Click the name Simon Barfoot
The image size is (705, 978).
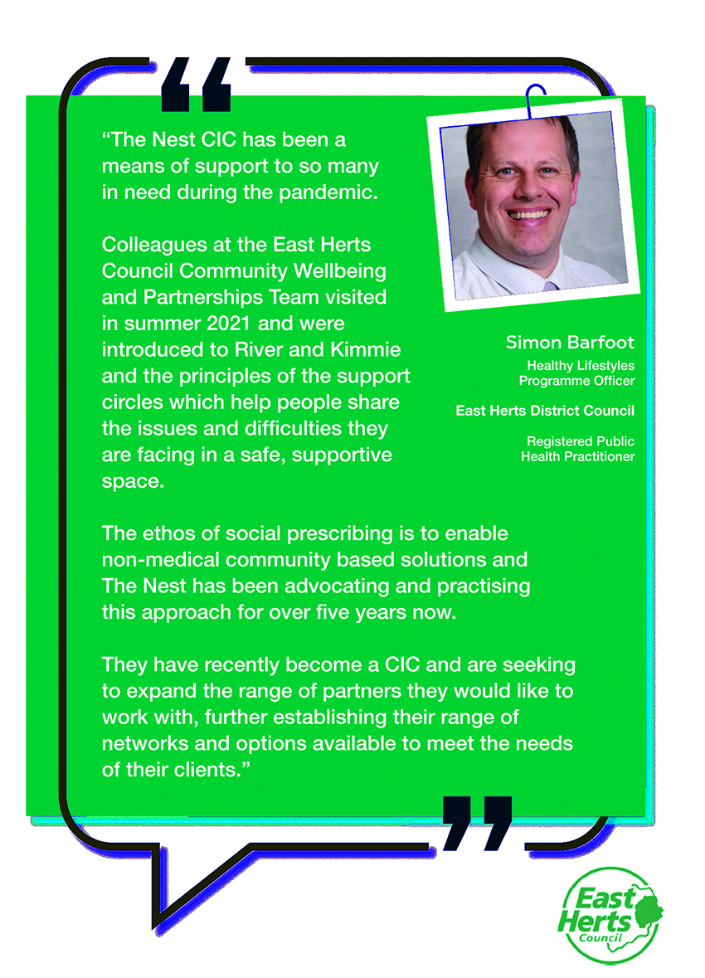(569, 343)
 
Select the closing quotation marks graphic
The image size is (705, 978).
(477, 823)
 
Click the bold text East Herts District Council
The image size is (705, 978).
(545, 411)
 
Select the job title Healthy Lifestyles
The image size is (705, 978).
(581, 365)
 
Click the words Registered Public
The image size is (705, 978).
(581, 441)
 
